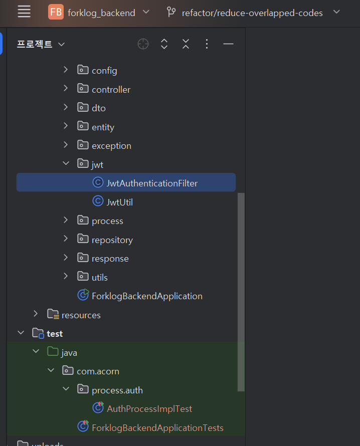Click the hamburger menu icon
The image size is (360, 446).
(24, 12)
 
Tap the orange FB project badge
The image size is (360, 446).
(56, 12)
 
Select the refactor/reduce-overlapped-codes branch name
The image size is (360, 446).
(252, 13)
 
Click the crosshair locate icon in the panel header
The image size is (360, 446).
(143, 44)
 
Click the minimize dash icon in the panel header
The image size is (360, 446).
(228, 44)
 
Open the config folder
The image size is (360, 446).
(104, 71)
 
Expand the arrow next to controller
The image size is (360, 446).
(66, 89)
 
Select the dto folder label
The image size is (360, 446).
(99, 108)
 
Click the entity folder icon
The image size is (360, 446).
(83, 126)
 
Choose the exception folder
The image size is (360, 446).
(111, 146)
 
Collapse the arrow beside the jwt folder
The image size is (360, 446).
(66, 163)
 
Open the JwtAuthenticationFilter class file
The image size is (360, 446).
(152, 183)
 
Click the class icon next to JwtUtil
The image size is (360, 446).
(98, 201)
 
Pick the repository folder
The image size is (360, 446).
(112, 240)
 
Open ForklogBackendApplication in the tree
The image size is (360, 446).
(147, 296)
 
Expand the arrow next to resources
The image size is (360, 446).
(36, 314)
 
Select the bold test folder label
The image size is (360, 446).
(55, 334)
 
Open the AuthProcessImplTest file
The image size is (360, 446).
(149, 409)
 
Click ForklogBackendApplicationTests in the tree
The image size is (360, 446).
(157, 428)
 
